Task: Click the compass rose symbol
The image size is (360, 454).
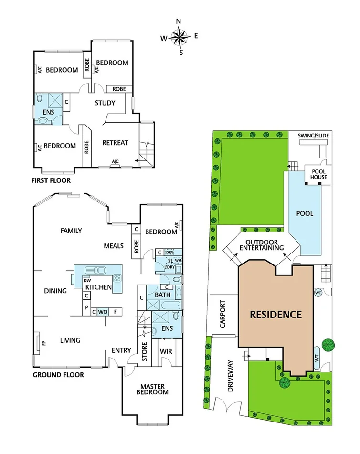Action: point(179,37)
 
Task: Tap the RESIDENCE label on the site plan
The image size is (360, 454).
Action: point(276,314)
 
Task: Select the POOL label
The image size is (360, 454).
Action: point(305,213)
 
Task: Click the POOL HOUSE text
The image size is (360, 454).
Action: point(319,174)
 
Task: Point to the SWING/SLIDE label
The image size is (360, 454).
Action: point(313,136)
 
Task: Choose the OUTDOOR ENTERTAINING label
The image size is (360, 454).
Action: point(262,245)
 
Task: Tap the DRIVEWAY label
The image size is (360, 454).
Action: point(230,376)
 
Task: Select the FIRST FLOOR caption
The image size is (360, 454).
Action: point(51,180)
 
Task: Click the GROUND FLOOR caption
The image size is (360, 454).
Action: point(58,375)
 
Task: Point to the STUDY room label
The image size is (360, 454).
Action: point(105,103)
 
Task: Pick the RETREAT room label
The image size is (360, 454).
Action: point(115,143)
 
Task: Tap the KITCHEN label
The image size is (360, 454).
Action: point(99,287)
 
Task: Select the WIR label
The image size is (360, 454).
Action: point(166,351)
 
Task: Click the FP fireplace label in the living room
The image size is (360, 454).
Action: point(44,343)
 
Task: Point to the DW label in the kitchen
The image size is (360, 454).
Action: point(87,280)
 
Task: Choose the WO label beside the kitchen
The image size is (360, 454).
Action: point(102,312)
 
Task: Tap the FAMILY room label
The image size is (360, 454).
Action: point(71,231)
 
